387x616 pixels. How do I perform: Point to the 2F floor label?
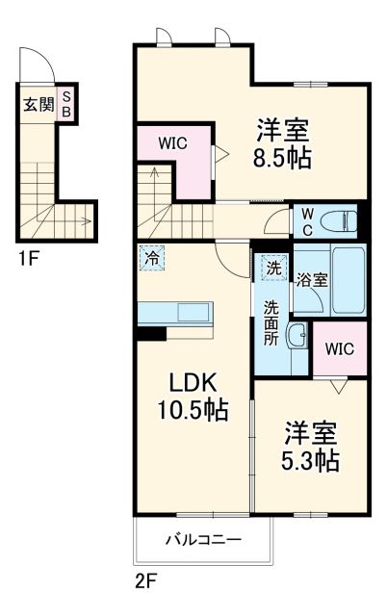pyautogui.click(x=144, y=581)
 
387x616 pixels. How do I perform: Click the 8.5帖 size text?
pyautogui.click(x=284, y=158)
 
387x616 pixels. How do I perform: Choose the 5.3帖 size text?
pyautogui.click(x=310, y=460)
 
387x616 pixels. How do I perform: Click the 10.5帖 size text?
pyautogui.click(x=193, y=410)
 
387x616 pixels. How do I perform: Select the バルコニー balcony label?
pyautogui.click(x=201, y=540)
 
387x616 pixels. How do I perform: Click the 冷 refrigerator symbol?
pyautogui.click(x=152, y=257)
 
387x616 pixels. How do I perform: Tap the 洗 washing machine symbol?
pyautogui.click(x=274, y=269)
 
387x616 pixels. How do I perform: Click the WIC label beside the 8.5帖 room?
pyautogui.click(x=173, y=143)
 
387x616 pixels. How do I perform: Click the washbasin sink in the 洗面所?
pyautogui.click(x=297, y=339)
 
